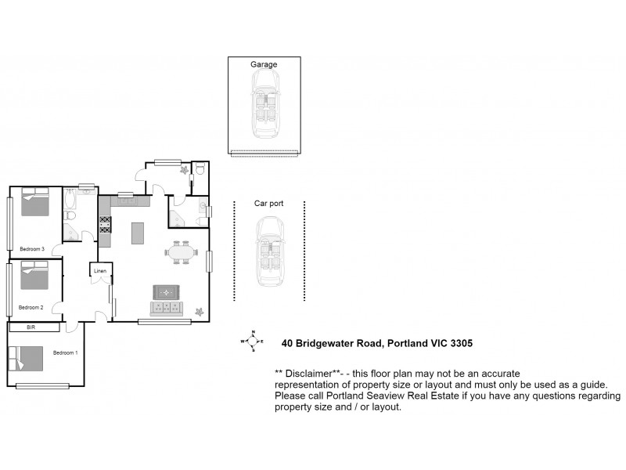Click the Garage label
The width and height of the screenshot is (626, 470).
tap(264, 64)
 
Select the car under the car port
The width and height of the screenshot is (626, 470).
tap(269, 251)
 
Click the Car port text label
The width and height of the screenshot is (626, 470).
tap(268, 203)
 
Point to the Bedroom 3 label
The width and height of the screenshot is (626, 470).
tap(31, 249)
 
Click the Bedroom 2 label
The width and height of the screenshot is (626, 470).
tap(31, 307)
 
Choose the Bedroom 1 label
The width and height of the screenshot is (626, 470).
tap(66, 352)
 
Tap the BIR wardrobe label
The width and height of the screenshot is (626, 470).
tap(32, 327)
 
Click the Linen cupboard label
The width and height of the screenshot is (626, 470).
tap(100, 271)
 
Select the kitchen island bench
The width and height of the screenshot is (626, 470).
tap(138, 233)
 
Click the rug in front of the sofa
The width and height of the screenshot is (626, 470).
tap(165, 292)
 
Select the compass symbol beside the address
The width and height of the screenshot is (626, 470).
tap(251, 342)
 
